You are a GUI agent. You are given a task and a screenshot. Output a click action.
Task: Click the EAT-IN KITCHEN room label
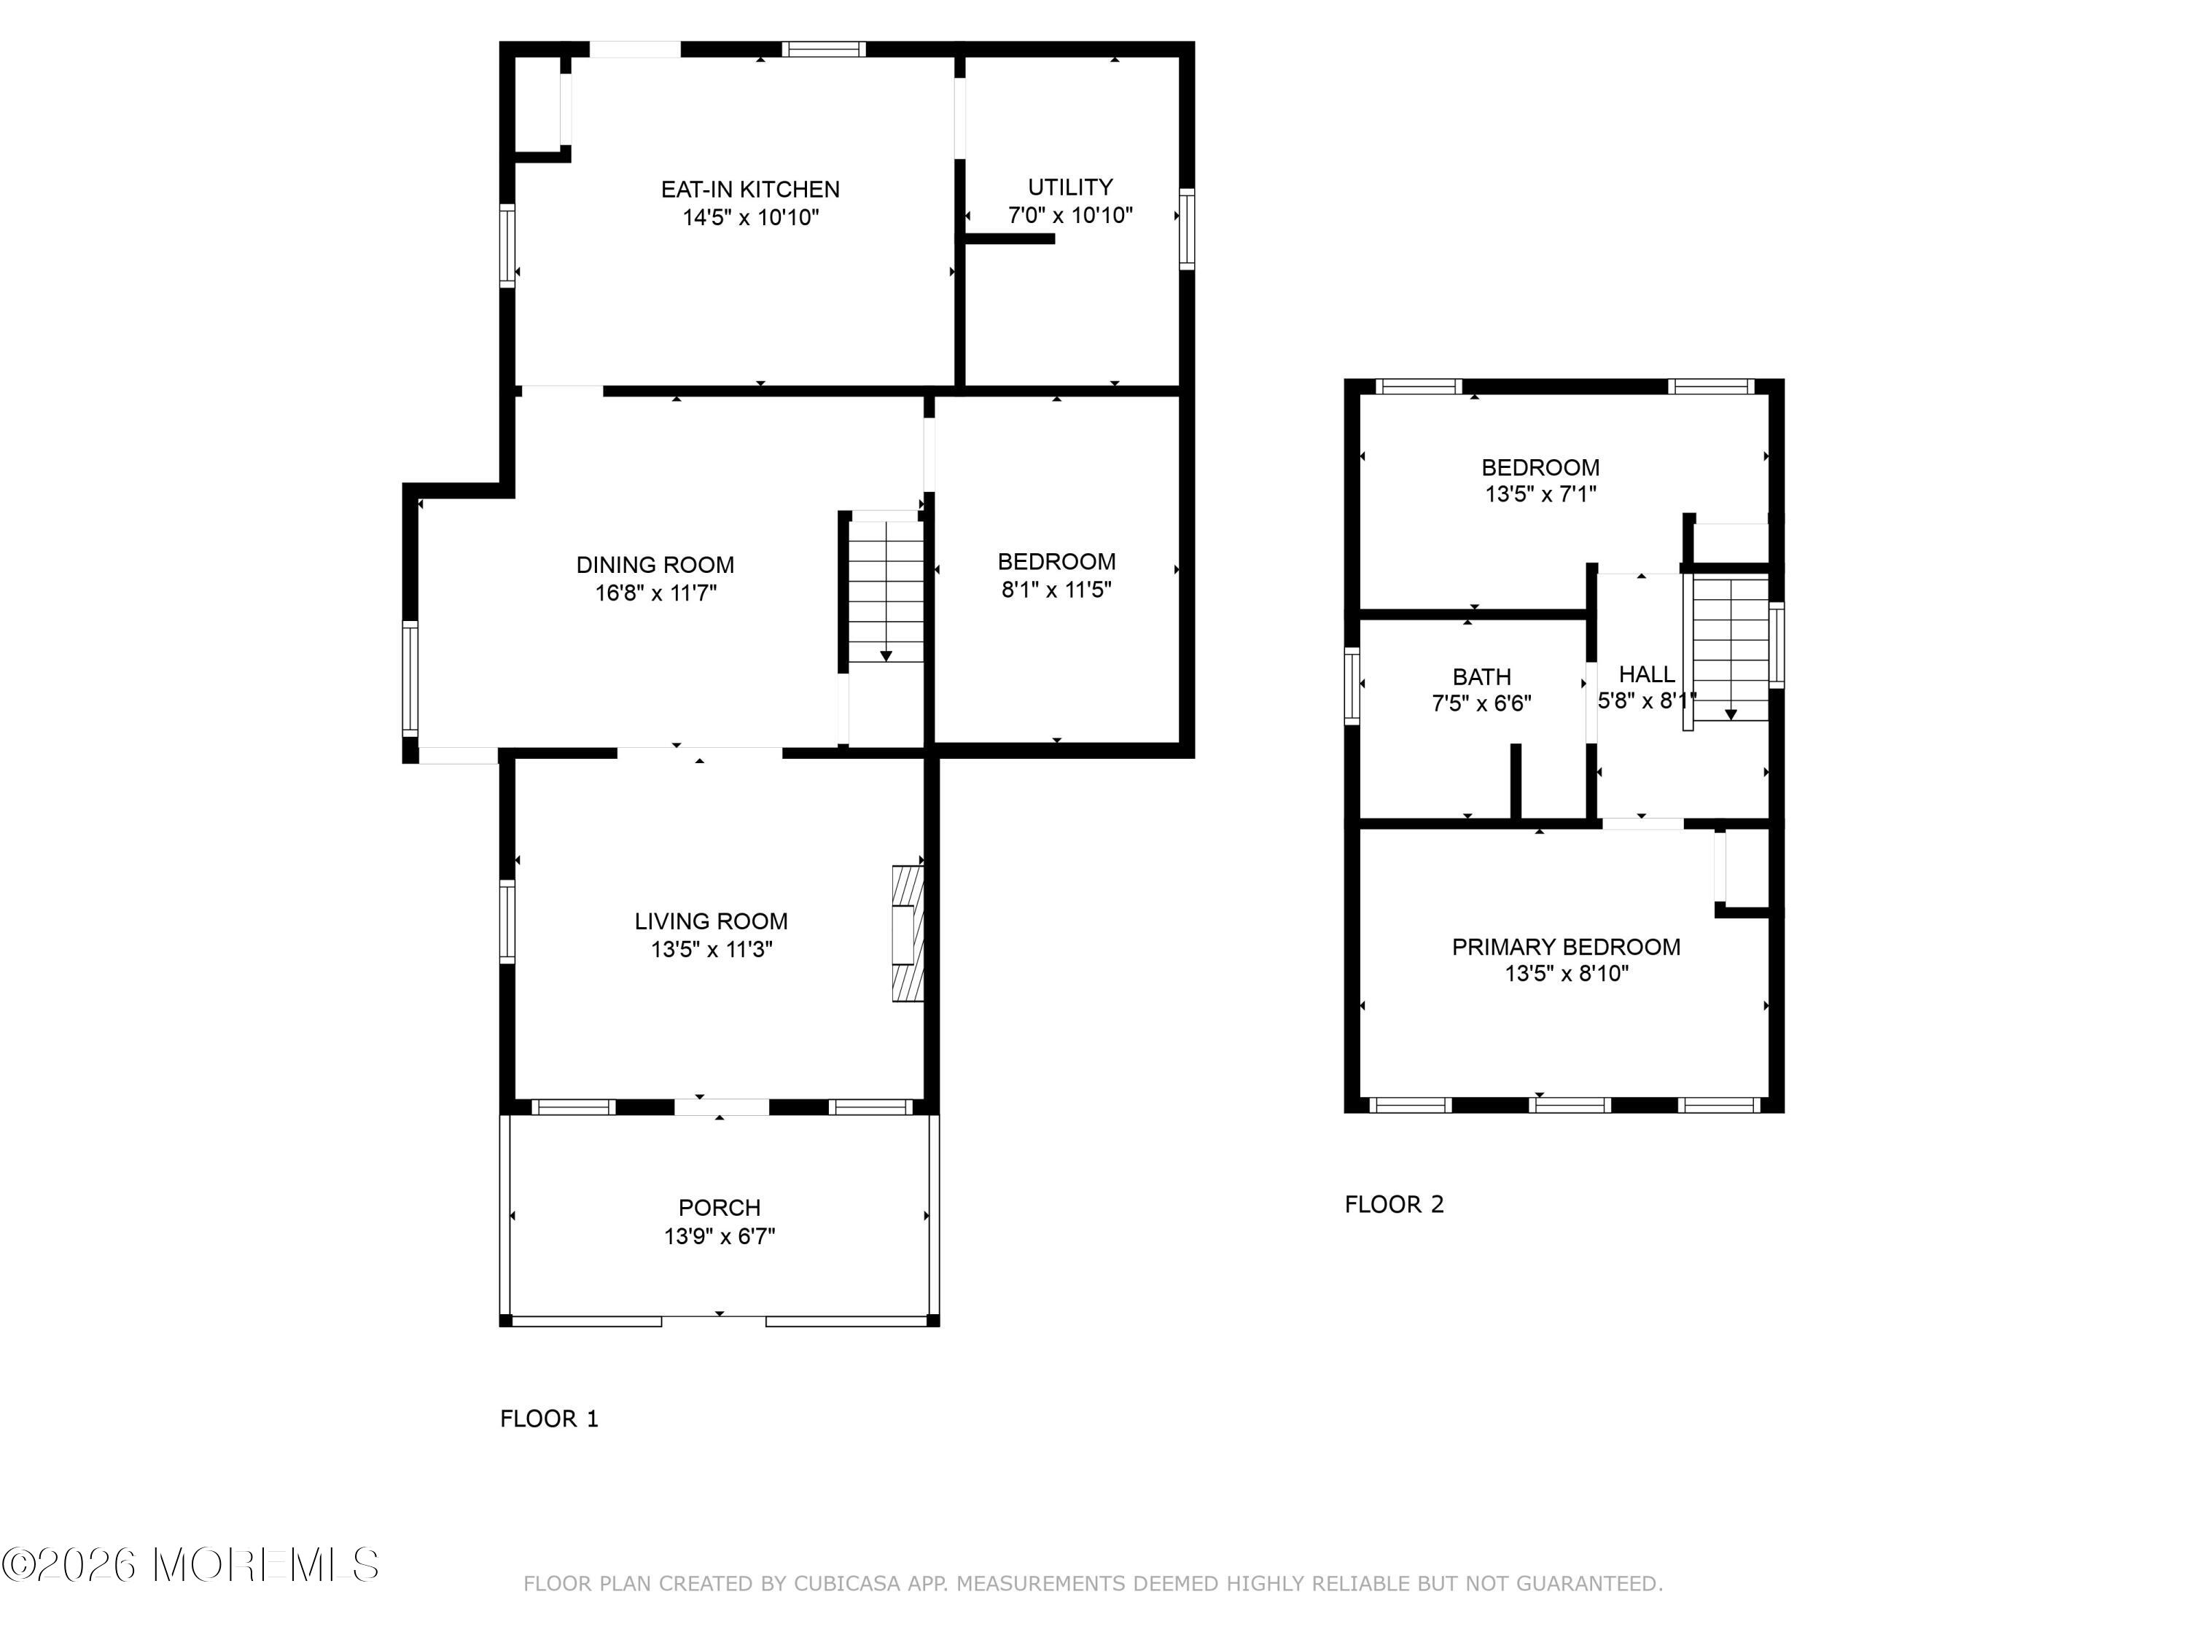750,189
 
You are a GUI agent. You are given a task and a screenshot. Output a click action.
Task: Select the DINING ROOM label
655,564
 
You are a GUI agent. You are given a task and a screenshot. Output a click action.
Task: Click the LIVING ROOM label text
711,921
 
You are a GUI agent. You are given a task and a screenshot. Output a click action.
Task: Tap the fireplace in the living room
908,934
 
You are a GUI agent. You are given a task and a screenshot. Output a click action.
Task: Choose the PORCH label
720,1207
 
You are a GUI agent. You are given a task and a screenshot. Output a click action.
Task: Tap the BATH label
1482,677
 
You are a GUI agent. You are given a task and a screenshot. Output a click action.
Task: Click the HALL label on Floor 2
1647,674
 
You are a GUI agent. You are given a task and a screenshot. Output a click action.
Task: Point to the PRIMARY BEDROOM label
1566,947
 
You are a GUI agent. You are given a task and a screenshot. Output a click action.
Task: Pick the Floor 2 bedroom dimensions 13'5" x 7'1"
1540,493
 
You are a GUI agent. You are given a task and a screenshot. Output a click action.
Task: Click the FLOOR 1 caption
550,1418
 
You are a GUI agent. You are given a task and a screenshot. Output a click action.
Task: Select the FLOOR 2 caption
1394,1204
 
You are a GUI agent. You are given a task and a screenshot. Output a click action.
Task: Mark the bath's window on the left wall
1352,686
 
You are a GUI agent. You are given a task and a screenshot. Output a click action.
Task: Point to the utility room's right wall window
1188,228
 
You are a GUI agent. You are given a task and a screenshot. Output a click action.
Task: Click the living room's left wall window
507,922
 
